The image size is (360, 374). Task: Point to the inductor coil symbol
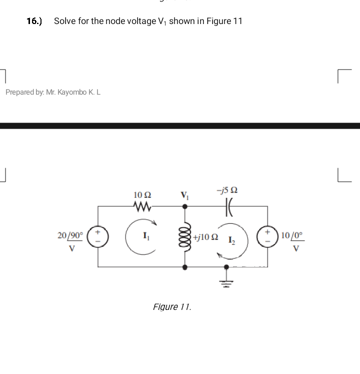click(x=185, y=235)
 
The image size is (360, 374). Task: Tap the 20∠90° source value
click(x=69, y=235)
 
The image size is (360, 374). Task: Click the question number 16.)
click(x=34, y=21)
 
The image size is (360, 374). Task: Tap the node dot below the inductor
click(x=185, y=267)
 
